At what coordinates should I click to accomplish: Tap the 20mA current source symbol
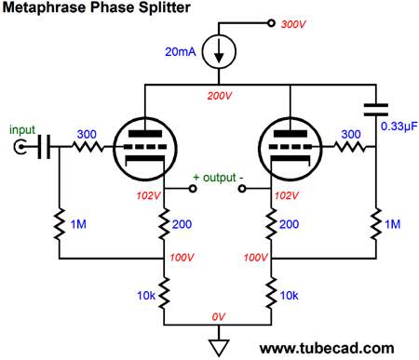pyautogui.click(x=219, y=54)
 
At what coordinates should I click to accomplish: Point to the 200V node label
pyautogui.click(x=219, y=96)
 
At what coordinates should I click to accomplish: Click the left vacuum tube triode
pyautogui.click(x=146, y=147)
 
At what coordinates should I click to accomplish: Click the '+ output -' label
pyautogui.click(x=219, y=176)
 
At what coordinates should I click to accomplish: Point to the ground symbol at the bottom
pyautogui.click(x=218, y=346)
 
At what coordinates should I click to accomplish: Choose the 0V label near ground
pyautogui.click(x=219, y=316)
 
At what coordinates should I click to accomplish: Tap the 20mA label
pyautogui.click(x=180, y=53)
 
